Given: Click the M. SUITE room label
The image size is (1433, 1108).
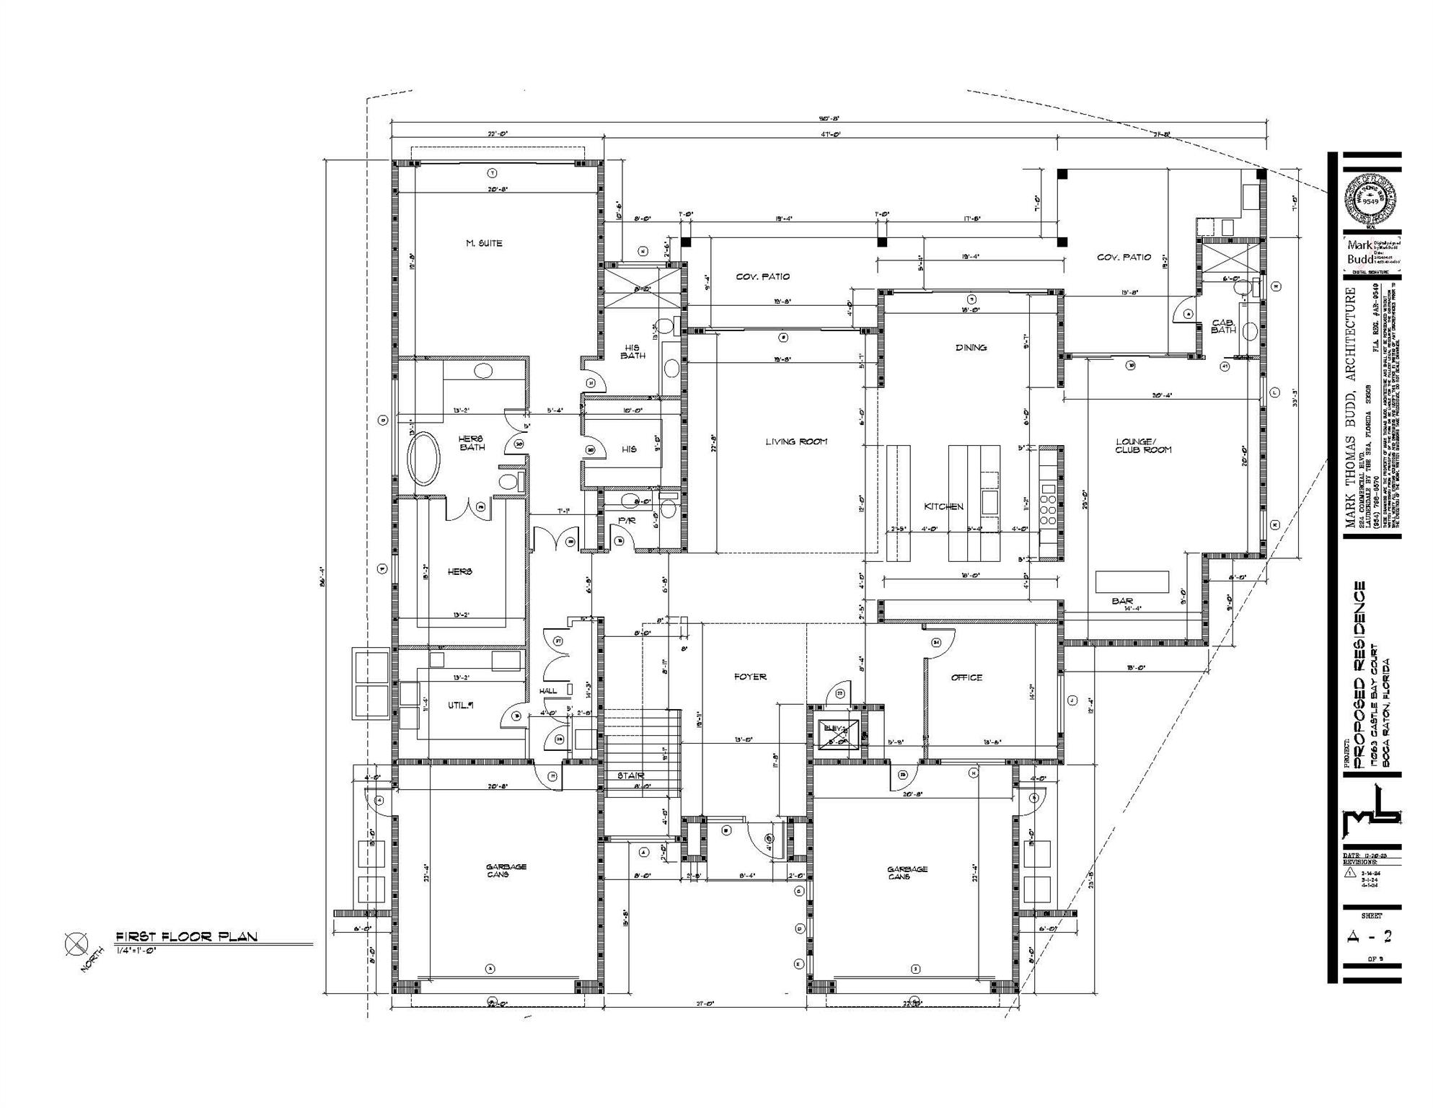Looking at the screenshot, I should point(484,243).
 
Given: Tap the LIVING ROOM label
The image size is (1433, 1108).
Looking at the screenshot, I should point(796,441).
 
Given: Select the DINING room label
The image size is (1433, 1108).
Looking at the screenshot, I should point(971,348).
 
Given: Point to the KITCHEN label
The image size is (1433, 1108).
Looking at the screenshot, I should point(943,506).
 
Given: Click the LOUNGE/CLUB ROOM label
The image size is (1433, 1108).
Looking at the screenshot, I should point(1143,445).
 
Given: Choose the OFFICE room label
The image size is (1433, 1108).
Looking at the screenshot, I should point(966,677).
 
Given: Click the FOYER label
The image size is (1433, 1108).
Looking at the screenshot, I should point(750,677).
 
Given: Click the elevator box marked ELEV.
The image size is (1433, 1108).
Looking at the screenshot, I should point(837,732).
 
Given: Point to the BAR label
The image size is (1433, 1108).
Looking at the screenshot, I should point(1122,600).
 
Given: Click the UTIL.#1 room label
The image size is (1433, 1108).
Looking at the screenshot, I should point(460,705).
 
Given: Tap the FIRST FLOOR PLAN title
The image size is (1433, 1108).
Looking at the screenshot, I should point(186,936).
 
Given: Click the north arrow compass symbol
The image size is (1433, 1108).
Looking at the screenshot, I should point(76,944).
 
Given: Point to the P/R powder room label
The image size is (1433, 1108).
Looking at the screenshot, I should point(626,521).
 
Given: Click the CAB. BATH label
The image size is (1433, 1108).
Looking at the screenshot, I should point(1223,326).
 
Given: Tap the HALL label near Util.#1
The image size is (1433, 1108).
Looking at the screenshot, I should point(548,690).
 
